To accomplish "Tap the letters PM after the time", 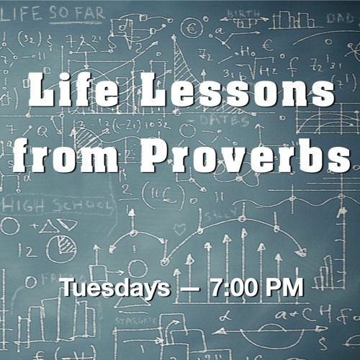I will click(x=284, y=287).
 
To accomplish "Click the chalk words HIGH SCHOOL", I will click(x=57, y=206).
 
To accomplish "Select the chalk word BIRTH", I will click(x=244, y=14).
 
